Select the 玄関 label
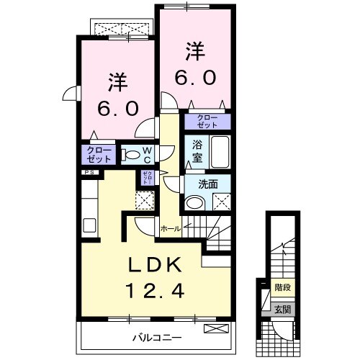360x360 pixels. pyautogui.click(x=282, y=310)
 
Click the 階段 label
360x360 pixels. pyautogui.click(x=282, y=287)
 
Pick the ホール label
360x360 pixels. pyautogui.click(x=170, y=228)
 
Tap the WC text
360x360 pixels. pyautogui.click(x=146, y=154)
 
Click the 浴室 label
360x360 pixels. pyautogui.click(x=197, y=153)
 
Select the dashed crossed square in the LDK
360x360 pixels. pyautogui.click(x=145, y=201)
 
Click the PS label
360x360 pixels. pyautogui.click(x=90, y=174)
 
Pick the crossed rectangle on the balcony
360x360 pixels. pyautogui.click(x=215, y=329)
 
